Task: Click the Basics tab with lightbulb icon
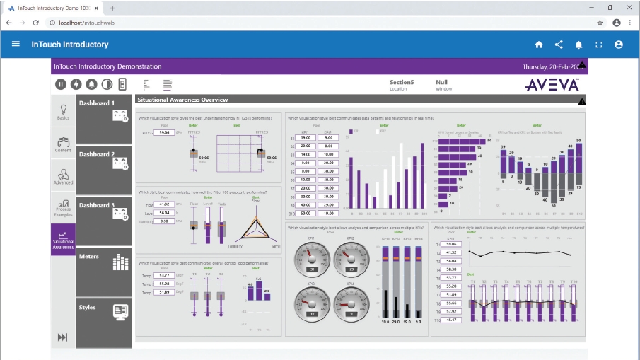(63, 112)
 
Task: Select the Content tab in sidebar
(63, 144)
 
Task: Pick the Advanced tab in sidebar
(63, 177)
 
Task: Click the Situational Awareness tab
(63, 240)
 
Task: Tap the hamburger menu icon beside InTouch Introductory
(16, 44)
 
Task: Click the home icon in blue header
(539, 45)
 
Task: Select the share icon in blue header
(559, 45)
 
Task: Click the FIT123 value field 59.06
(164, 132)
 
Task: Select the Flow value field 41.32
(164, 204)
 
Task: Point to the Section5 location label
(401, 83)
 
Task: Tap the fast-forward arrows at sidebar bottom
(62, 337)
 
